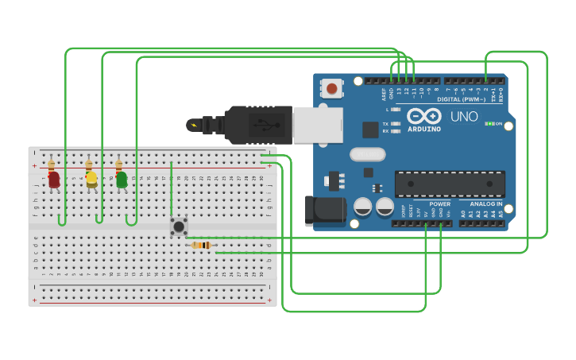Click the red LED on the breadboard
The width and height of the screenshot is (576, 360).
[53, 180]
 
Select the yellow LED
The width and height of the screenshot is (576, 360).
[91, 179]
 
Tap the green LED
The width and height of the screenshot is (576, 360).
[122, 180]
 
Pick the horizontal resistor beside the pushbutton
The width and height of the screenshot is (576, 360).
[203, 246]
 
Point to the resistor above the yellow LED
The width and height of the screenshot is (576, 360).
[89, 165]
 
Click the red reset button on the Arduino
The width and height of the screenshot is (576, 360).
[331, 87]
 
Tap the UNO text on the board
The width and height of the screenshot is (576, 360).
[464, 117]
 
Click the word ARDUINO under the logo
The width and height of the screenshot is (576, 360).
[424, 129]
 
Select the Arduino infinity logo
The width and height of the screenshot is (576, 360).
[423, 116]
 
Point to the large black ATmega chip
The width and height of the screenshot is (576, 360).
[450, 184]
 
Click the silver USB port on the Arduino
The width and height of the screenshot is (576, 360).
[317, 125]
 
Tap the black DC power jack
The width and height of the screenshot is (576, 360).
[325, 211]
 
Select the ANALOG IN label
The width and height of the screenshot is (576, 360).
[486, 203]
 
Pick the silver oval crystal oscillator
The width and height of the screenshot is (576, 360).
[367, 154]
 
